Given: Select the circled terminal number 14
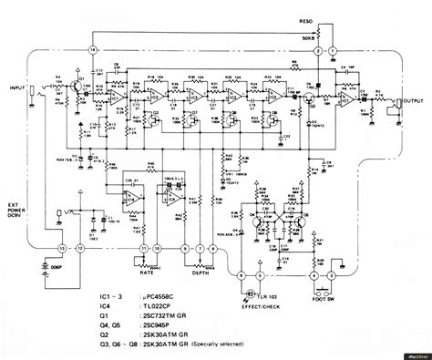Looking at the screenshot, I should coord(91,47).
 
